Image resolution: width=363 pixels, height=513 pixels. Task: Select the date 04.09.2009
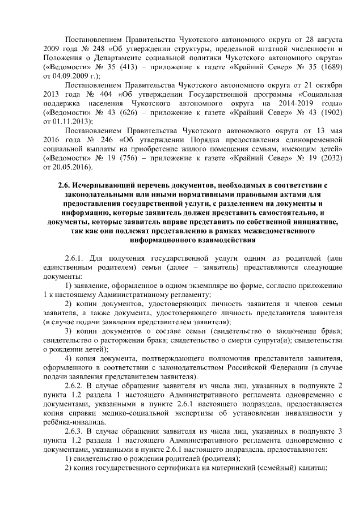tap(70, 74)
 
